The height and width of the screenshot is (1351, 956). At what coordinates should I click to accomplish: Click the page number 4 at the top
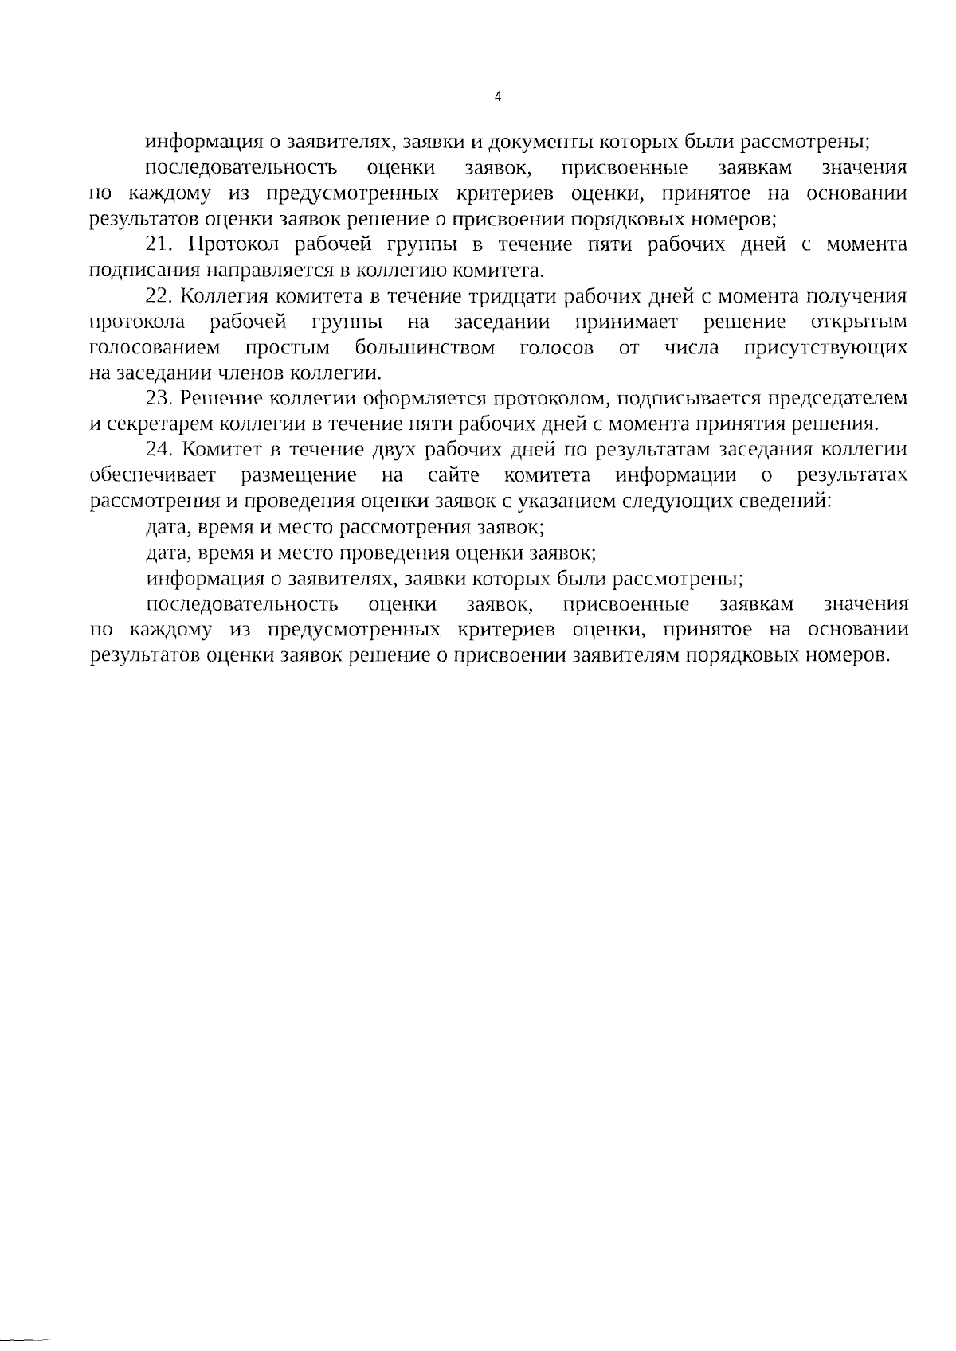coord(498,97)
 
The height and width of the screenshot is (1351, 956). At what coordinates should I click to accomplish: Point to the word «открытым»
coord(858,322)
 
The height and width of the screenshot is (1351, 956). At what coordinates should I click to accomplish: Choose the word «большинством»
coord(425,348)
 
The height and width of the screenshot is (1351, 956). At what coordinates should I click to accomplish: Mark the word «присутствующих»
coord(825,348)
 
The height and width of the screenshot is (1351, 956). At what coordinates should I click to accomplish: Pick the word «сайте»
coord(453,476)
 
